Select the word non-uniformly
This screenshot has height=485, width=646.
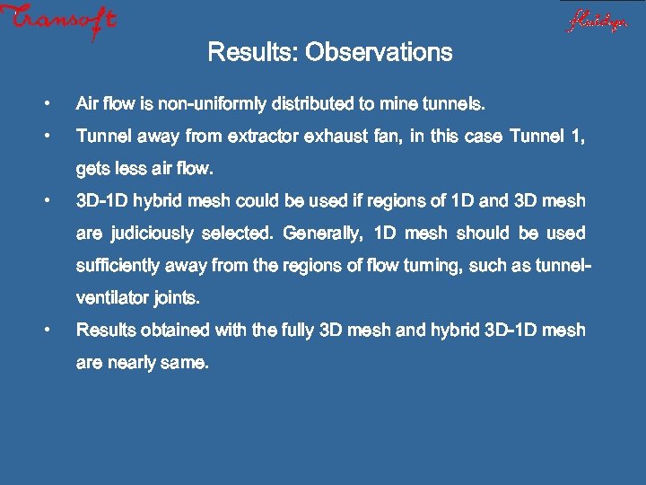[x=212, y=104]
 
